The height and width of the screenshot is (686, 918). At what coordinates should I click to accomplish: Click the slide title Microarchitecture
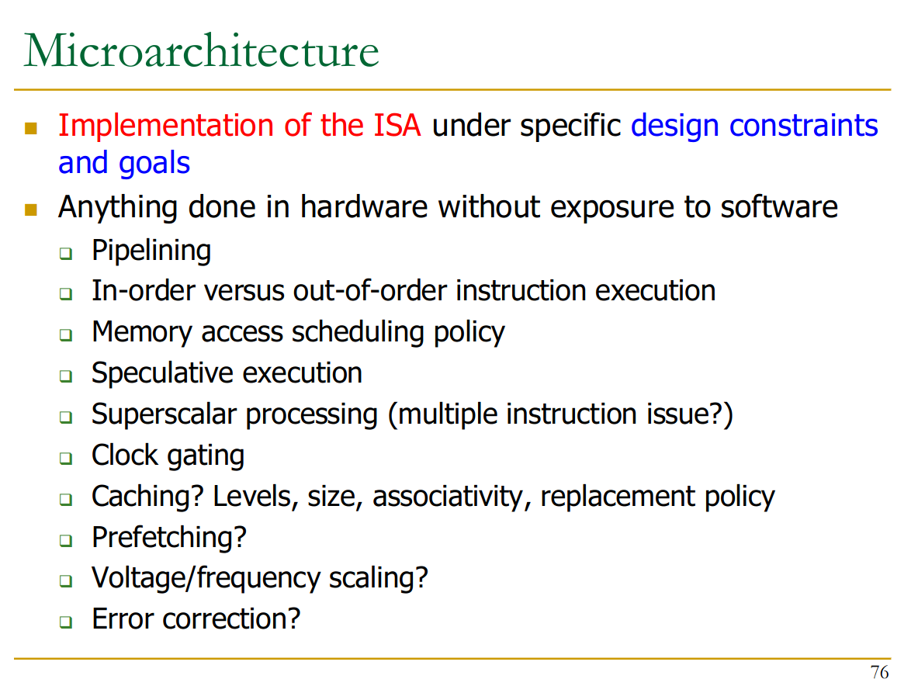(x=201, y=51)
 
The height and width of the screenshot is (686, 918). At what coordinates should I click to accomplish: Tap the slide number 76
(x=879, y=672)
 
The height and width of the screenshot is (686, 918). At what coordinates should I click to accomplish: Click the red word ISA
(x=397, y=125)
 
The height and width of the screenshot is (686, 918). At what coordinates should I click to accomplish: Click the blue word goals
(x=154, y=163)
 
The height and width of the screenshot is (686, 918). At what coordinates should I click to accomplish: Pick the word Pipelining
(x=151, y=251)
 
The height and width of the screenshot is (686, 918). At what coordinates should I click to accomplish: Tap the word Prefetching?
(x=169, y=537)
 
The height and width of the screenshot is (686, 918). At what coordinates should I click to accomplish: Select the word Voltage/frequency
(x=206, y=578)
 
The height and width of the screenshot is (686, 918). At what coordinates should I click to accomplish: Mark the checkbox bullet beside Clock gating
(x=65, y=458)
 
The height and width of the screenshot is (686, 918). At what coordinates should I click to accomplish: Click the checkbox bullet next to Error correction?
(x=65, y=622)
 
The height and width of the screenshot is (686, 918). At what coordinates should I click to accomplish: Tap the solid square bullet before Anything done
(x=31, y=210)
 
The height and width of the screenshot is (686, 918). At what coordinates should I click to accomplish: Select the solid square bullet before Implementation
(x=31, y=128)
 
